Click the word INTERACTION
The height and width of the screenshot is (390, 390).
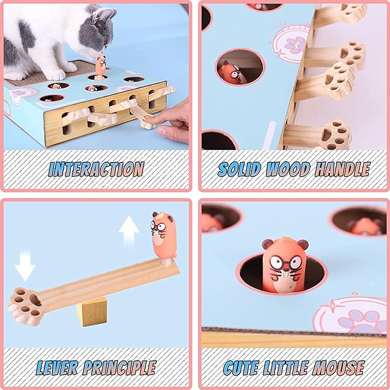pos(96,169)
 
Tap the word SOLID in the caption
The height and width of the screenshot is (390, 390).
pos(239,169)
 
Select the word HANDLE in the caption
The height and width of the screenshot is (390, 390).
pos(342,169)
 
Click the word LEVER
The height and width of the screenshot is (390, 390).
pos(57,368)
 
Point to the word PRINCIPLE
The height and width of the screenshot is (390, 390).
pos(119,368)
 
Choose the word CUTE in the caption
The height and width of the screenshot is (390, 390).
pos(241,368)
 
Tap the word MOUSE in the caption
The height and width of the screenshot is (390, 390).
pos(338,368)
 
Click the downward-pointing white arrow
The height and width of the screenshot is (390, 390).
pos(25,266)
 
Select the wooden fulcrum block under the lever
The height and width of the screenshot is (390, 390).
pos(92,312)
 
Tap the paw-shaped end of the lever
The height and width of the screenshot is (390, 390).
pos(26,306)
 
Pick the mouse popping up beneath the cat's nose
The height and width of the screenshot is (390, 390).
pos(101,67)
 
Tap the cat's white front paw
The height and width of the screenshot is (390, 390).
pos(55,74)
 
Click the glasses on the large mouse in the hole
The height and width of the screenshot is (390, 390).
pos(285,262)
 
